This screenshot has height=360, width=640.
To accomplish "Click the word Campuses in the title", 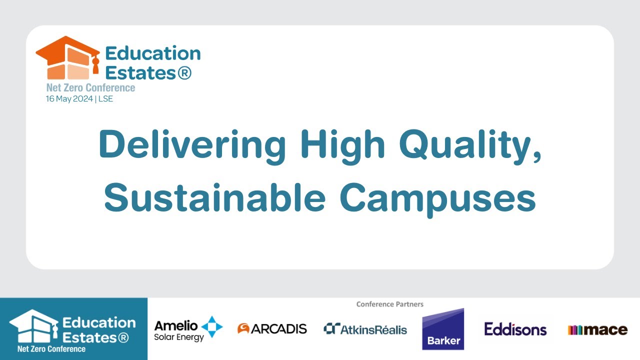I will click(x=437, y=197).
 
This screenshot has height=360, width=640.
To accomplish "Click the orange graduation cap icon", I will click(x=67, y=57).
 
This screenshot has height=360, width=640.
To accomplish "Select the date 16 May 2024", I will click(x=69, y=99).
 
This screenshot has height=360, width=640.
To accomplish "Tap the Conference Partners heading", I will click(x=389, y=304).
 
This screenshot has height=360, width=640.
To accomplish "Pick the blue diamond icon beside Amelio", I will click(x=212, y=327).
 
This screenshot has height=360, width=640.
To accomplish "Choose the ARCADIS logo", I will click(x=272, y=329).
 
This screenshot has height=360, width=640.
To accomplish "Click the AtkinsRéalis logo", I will click(x=365, y=329).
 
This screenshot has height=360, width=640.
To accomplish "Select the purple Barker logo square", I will click(x=443, y=329).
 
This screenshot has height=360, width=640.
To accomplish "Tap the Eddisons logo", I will click(x=515, y=329).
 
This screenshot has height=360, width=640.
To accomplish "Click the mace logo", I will click(x=597, y=330).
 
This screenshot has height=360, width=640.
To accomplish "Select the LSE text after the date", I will click(x=106, y=99).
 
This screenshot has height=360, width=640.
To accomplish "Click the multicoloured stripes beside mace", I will click(x=575, y=330).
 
